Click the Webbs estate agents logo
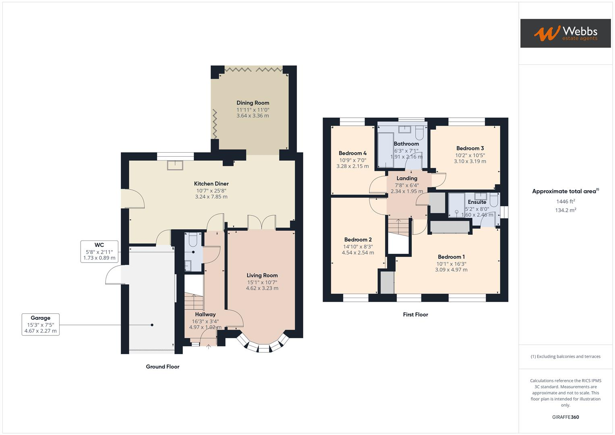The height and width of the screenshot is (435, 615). [x=565, y=33]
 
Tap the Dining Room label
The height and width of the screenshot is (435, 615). [x=253, y=103]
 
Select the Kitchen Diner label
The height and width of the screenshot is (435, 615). [x=211, y=184]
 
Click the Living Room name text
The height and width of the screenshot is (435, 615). [x=262, y=275]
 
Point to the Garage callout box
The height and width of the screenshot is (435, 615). [x=40, y=325]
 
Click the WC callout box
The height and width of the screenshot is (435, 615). [x=99, y=251]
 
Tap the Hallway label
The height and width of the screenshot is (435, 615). [x=205, y=314]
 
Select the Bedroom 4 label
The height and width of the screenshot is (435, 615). [x=352, y=153]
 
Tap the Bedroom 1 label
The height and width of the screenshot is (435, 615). [x=451, y=257]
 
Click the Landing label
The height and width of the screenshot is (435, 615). [x=406, y=178]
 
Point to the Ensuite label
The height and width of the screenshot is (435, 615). [x=477, y=202]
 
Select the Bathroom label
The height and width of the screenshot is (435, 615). [x=406, y=144]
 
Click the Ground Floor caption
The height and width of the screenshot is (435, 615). [x=162, y=367]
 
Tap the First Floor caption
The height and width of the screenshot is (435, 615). [x=415, y=315]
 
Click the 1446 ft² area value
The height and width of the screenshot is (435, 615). [x=565, y=201]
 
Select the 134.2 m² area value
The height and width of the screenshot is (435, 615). [x=565, y=210]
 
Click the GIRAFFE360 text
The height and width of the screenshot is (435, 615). [x=565, y=417]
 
